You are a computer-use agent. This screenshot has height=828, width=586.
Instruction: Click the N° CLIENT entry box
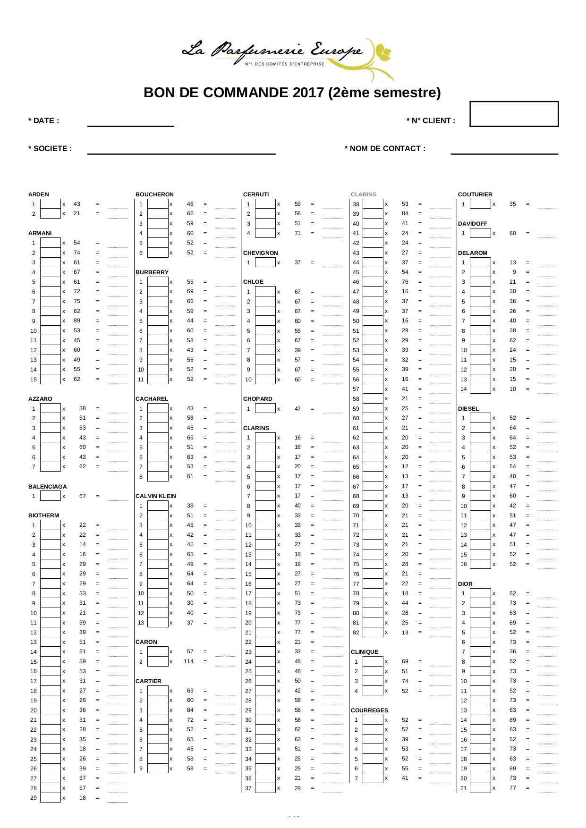pyautogui.click(x=514, y=114)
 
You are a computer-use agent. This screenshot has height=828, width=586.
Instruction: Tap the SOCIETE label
pyautogui.click(x=50, y=149)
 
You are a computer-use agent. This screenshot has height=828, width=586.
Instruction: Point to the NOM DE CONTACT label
pyautogui.click(x=385, y=149)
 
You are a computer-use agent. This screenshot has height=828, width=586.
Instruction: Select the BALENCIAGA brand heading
pyautogui.click(x=48, y=487)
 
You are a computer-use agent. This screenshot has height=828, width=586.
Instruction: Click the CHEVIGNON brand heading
pyautogui.click(x=261, y=253)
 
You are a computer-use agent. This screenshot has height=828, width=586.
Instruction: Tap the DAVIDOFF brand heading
pyautogui.click(x=473, y=224)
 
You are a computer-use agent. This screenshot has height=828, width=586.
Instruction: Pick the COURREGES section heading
pyautogui.click(x=369, y=710)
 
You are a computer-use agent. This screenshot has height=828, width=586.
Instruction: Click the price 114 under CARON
pyautogui.click(x=188, y=661)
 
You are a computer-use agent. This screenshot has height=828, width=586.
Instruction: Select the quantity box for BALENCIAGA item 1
pyautogui.click(x=51, y=496)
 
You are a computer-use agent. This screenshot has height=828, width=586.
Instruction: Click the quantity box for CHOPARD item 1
pyautogui.click(x=265, y=409)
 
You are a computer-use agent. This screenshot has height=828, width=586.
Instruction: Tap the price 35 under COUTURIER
pyautogui.click(x=513, y=204)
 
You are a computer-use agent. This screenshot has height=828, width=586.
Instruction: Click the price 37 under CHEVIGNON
pyautogui.click(x=297, y=262)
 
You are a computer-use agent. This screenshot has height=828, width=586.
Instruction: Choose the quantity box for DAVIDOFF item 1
pyautogui.click(x=480, y=233)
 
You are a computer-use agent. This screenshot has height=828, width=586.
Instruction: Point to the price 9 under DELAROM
pyautogui.click(x=514, y=272)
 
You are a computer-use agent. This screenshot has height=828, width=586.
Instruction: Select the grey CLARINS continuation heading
pyautogui.click(x=364, y=194)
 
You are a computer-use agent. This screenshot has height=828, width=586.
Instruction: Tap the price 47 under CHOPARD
pyautogui.click(x=297, y=409)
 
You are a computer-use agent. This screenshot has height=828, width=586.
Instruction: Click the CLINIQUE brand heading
pyautogui.click(x=365, y=652)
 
